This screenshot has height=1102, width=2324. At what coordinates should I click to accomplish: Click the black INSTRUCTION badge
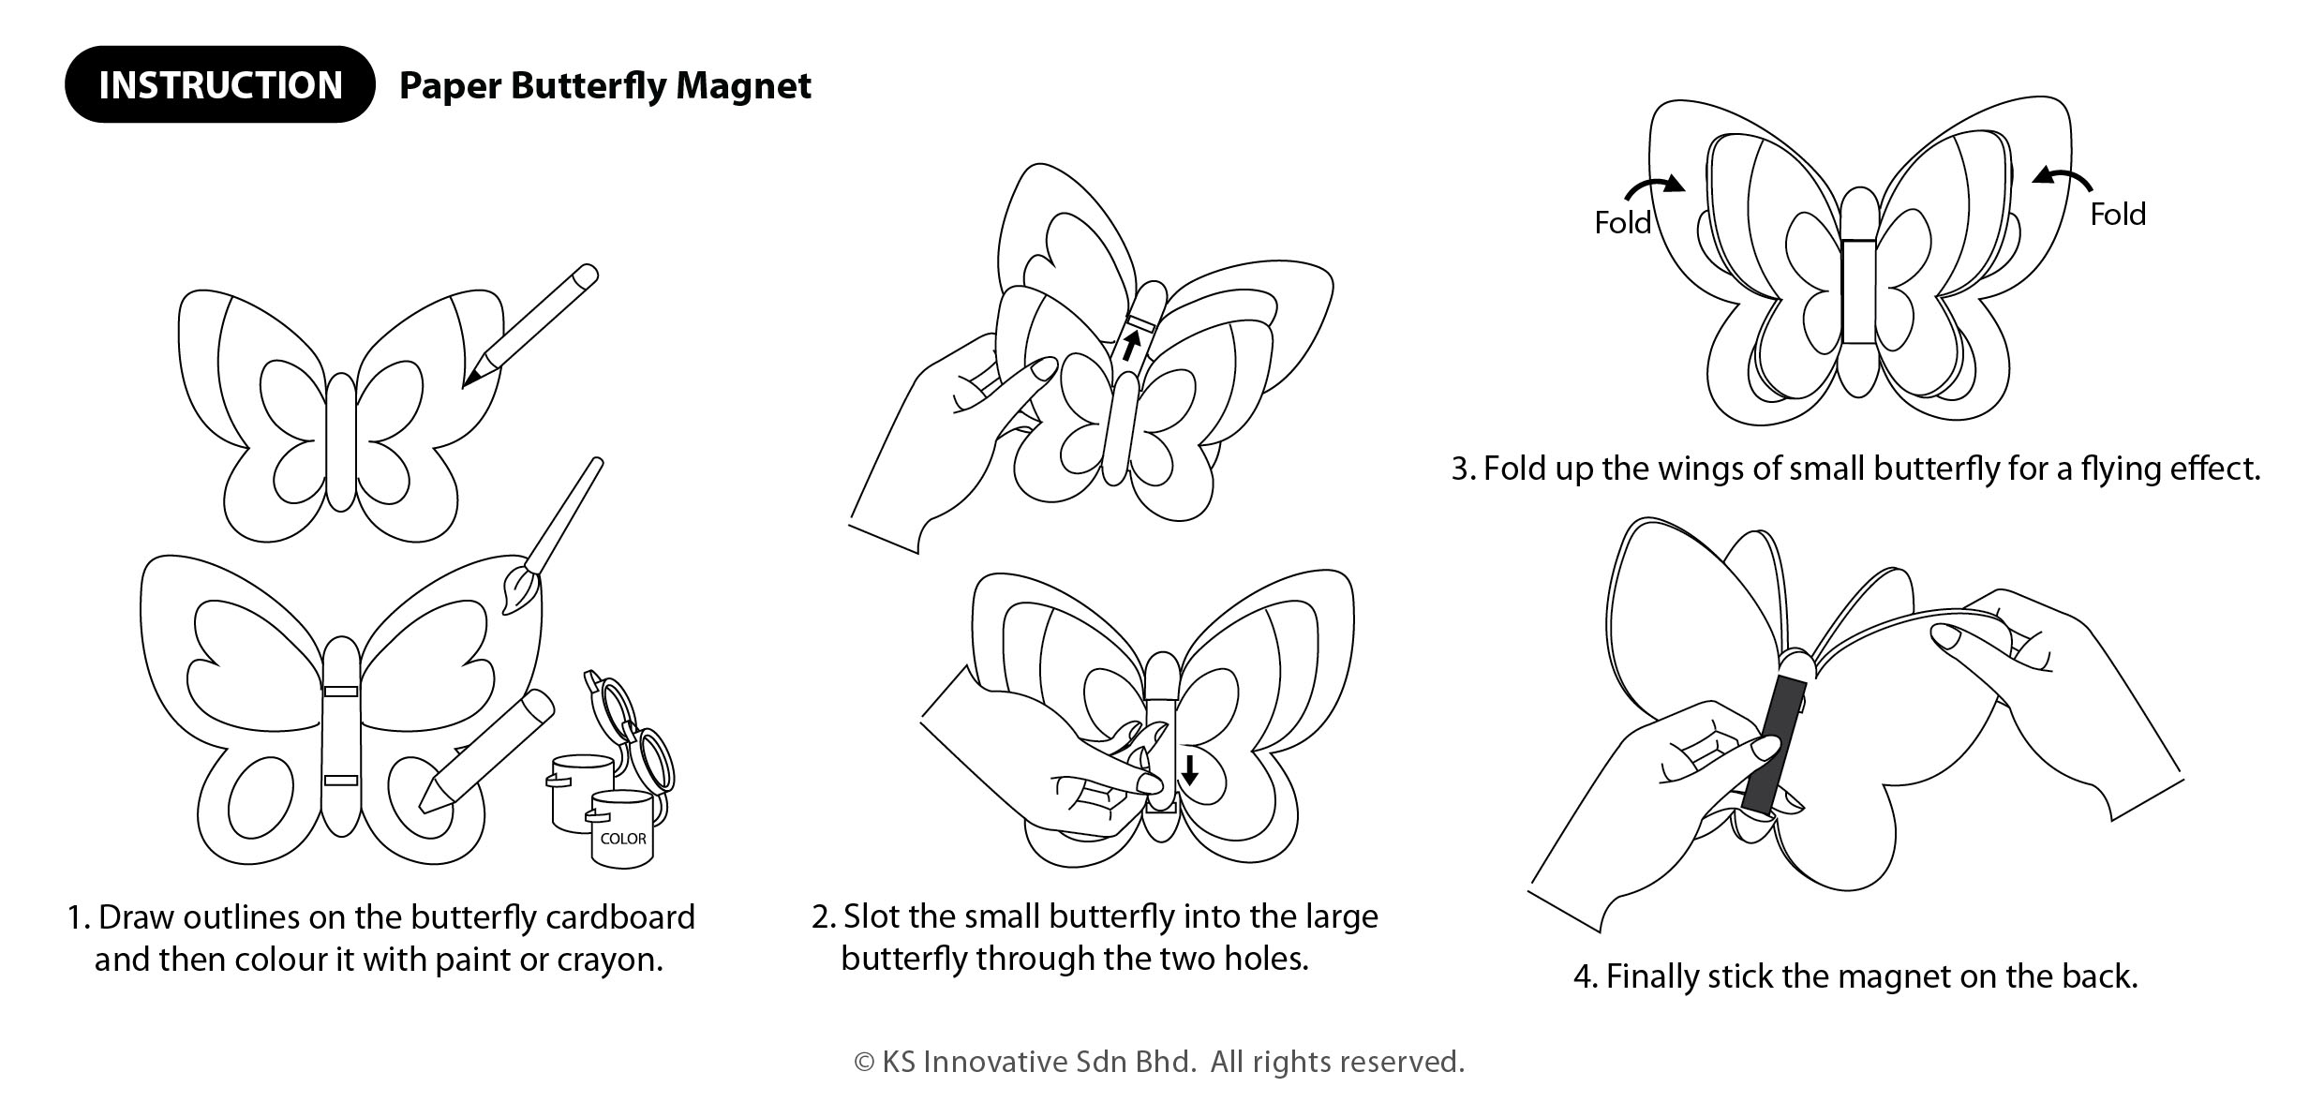pyautogui.click(x=219, y=84)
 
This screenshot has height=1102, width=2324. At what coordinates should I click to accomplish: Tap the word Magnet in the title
pyautogui.click(x=743, y=85)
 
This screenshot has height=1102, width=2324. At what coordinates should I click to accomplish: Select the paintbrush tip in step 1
pyautogui.click(x=517, y=590)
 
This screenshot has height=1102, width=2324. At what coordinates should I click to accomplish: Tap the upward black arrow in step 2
pyautogui.click(x=1132, y=346)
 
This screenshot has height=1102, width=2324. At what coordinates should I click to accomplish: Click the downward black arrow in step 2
pyautogui.click(x=1189, y=769)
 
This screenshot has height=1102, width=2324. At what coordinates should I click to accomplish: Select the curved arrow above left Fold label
pyautogui.click(x=1654, y=188)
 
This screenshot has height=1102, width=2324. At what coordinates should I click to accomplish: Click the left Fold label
pyautogui.click(x=1622, y=223)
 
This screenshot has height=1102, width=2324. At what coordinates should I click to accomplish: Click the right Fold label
pyautogui.click(x=2118, y=215)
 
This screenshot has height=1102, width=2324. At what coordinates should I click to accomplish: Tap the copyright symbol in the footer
pyautogui.click(x=863, y=1063)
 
